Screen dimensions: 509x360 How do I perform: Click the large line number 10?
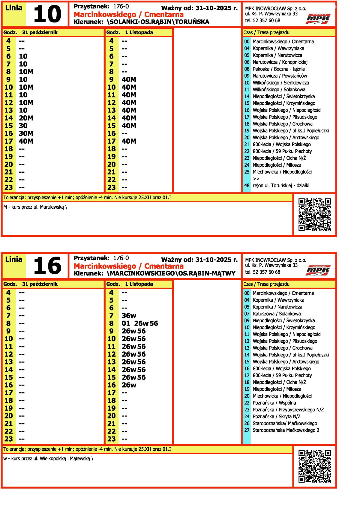click(x=47, y=14)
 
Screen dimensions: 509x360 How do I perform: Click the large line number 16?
click(x=47, y=266)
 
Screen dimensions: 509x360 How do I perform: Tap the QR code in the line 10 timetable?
click(x=315, y=215)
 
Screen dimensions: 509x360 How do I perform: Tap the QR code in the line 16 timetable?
click(x=315, y=466)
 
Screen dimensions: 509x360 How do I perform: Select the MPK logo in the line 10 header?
click(x=318, y=19)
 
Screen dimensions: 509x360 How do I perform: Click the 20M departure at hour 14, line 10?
click(x=26, y=118)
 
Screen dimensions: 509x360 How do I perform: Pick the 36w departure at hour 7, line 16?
click(x=129, y=316)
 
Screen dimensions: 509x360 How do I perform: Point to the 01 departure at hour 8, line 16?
click(x=126, y=323)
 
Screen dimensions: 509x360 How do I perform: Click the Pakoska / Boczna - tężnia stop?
click(x=279, y=69)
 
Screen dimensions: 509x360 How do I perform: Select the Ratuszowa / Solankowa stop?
click(x=277, y=314)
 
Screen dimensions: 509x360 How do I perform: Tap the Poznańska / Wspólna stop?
click(x=274, y=403)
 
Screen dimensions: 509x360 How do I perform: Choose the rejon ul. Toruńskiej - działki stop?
click(x=281, y=186)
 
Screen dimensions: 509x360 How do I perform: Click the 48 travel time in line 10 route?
click(x=247, y=186)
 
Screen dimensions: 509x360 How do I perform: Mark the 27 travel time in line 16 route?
click(x=247, y=430)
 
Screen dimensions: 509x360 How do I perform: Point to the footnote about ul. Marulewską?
click(x=35, y=207)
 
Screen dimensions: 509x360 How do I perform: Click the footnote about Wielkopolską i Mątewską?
click(x=48, y=459)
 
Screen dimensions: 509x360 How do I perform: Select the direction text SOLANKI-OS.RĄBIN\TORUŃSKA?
click(x=158, y=22)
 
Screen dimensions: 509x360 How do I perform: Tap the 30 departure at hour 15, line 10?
click(x=23, y=126)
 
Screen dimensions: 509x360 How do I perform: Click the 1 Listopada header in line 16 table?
click(x=139, y=284)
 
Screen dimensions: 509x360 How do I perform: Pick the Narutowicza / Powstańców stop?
click(x=280, y=76)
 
